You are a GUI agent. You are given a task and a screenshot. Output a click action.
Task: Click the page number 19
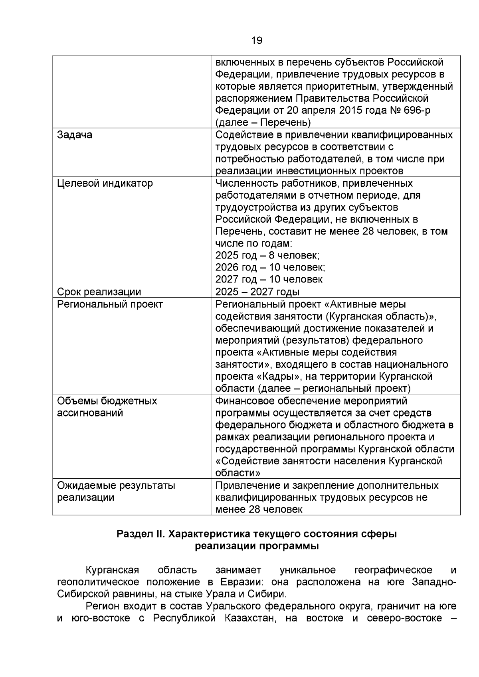[257, 40]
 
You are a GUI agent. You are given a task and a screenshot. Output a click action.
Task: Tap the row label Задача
[75, 135]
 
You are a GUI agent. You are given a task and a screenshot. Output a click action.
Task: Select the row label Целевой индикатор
[105, 183]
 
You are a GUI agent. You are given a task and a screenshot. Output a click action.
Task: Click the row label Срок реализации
[99, 292]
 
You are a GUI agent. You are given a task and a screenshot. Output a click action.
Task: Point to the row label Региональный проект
[110, 304]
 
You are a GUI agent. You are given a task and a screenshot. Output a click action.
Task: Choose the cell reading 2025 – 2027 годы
[257, 292]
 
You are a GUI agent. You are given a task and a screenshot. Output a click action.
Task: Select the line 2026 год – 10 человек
[270, 267]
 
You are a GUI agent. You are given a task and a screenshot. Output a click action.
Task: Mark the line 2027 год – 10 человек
[269, 279]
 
